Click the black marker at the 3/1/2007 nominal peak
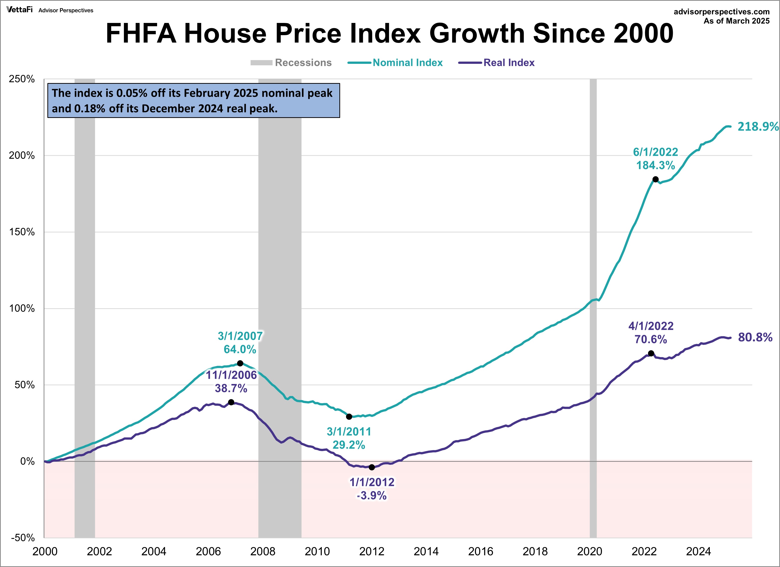240,363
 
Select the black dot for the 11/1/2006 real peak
231,402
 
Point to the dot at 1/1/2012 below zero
372,467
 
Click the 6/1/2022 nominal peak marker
656,179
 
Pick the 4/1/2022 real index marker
651,353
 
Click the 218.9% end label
758,126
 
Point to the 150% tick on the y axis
22,232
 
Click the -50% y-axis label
23,537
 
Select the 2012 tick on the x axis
372,551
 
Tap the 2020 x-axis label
589,551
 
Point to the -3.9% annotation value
372,495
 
